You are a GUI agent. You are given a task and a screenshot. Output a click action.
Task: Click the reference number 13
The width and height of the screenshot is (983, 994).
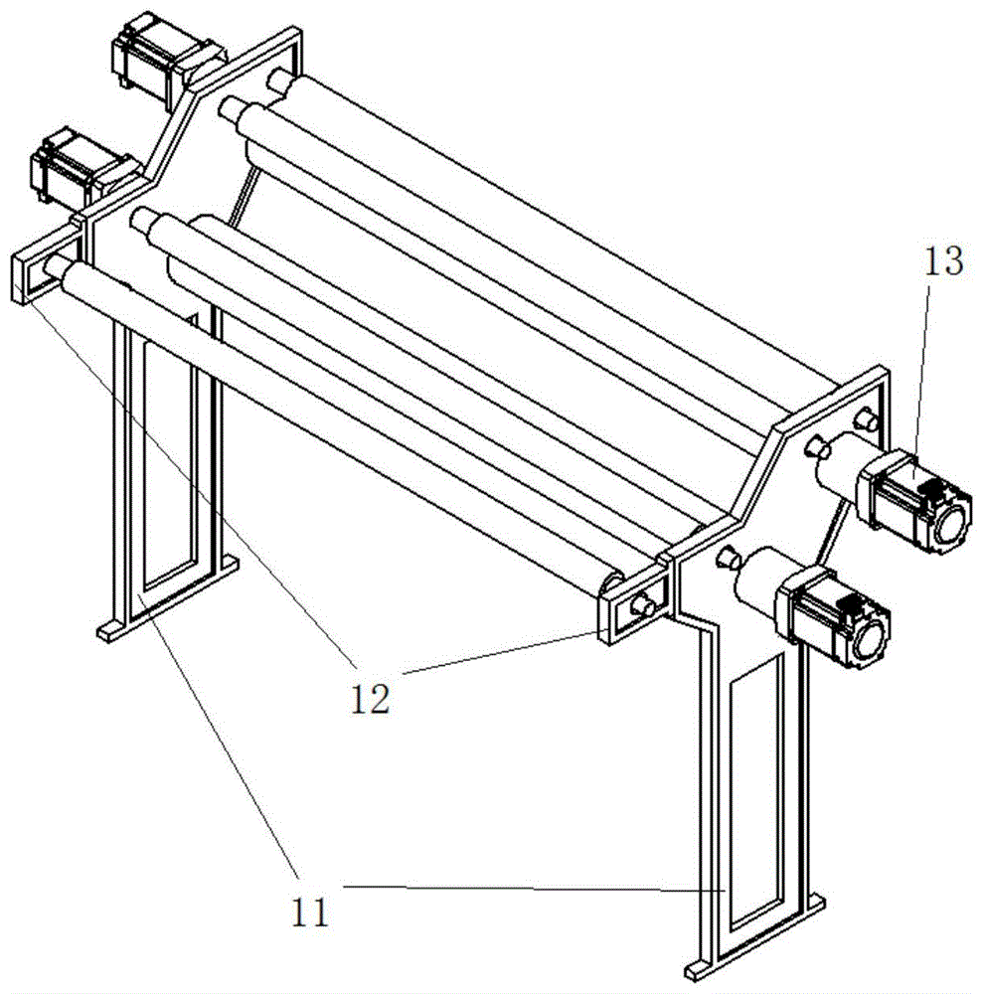pyautogui.click(x=943, y=261)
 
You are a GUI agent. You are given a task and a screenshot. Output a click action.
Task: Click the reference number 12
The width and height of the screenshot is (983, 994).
pyautogui.click(x=371, y=699)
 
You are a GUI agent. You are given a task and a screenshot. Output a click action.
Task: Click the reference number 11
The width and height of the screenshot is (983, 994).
pyautogui.click(x=310, y=912)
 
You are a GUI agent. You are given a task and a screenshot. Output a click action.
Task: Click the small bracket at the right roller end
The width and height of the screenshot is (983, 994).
pyautogui.click(x=634, y=605)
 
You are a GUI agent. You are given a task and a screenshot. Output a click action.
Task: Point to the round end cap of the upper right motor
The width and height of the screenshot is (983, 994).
pyautogui.click(x=951, y=524)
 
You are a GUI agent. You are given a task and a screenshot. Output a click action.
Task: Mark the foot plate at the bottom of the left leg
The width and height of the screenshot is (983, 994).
pyautogui.click(x=168, y=596)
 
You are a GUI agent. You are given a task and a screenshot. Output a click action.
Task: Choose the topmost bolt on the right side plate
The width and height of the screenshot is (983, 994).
pyautogui.click(x=866, y=420)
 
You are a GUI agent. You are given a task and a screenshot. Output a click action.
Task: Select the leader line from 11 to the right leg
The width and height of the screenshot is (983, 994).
pyautogui.click(x=534, y=888)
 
